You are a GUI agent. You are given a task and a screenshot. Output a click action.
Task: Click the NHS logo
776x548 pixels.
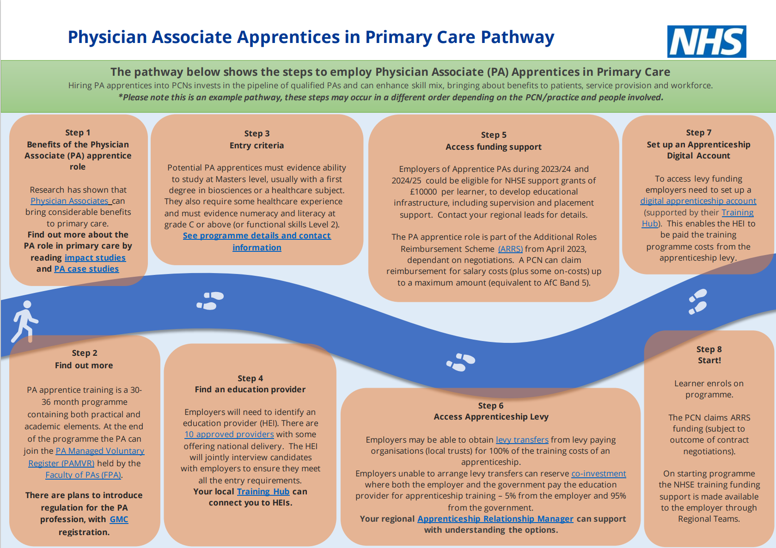coord(706,42)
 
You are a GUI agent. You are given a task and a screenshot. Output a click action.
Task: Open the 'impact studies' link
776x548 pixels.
coord(95,258)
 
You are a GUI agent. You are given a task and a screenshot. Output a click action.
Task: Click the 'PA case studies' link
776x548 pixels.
coord(86,269)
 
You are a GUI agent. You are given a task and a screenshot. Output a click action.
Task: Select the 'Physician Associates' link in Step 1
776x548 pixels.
coord(70,201)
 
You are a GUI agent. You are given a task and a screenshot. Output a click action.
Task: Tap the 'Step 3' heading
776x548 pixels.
coord(257,134)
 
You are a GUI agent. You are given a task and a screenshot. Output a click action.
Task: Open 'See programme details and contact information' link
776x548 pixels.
coord(257,236)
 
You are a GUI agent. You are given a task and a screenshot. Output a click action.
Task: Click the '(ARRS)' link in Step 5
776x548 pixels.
coord(510,249)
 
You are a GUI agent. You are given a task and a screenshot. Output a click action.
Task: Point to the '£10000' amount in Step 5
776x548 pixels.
coord(423,192)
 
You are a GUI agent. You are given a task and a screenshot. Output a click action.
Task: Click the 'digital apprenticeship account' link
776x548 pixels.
coord(698,201)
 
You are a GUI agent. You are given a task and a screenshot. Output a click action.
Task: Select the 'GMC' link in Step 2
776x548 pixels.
coord(119,519)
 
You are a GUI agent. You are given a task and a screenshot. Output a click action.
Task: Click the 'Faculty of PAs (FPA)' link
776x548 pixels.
coord(83,475)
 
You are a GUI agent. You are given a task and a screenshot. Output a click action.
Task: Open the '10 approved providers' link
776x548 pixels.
coord(229,434)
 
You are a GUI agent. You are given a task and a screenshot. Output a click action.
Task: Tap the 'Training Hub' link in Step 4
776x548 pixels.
coord(263,492)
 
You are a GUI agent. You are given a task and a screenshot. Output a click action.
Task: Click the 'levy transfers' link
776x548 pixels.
coord(522,440)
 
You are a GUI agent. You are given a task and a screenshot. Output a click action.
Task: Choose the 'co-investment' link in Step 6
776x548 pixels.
coord(599,474)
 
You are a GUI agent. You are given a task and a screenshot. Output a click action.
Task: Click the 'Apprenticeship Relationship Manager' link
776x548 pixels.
coord(495,519)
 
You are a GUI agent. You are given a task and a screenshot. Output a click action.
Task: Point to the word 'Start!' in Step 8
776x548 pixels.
coord(709,360)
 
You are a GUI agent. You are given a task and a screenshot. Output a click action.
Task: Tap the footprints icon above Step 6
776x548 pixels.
coord(460,362)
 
